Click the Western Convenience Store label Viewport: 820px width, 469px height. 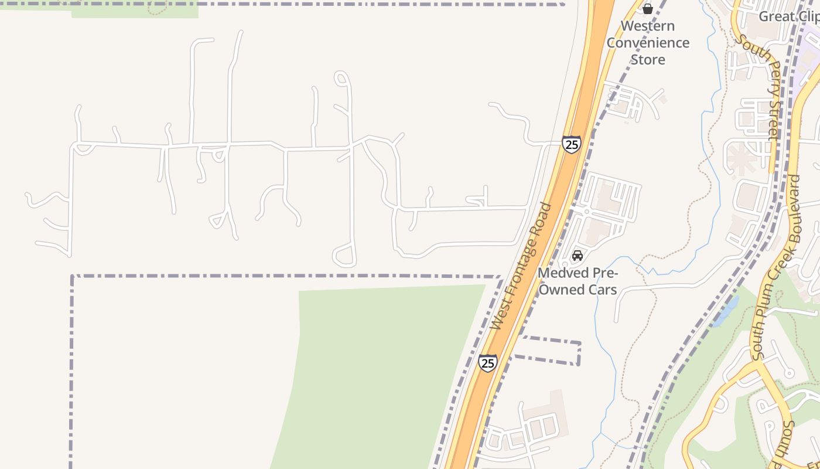pyautogui.click(x=648, y=43)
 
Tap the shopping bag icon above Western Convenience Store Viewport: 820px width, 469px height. pyautogui.click(x=648, y=9)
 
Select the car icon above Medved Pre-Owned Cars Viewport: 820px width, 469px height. pyautogui.click(x=578, y=256)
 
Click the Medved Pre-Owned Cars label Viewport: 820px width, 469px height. pyautogui.click(x=578, y=281)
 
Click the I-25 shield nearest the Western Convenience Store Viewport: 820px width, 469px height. pyautogui.click(x=572, y=144)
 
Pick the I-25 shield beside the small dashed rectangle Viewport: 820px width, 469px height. pyautogui.click(x=487, y=363)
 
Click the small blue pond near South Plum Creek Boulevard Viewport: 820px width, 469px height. pyautogui.click(x=726, y=311)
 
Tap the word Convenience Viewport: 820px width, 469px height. pyautogui.click(x=648, y=43)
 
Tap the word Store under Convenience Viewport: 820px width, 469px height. pyautogui.click(x=648, y=60)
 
